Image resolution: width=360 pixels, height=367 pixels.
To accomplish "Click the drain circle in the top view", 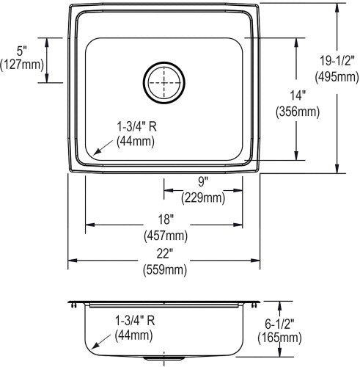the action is pyautogui.click(x=164, y=62).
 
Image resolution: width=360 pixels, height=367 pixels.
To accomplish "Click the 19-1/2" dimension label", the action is pyautogui.click(x=337, y=60).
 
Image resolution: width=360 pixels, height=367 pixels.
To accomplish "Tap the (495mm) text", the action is pyautogui.click(x=337, y=77).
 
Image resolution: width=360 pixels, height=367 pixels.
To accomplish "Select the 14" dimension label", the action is pyautogui.click(x=298, y=95).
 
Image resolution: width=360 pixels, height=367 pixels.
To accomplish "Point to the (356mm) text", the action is pyautogui.click(x=298, y=112).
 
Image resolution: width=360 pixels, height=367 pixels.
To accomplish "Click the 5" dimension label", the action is pyautogui.click(x=21, y=51).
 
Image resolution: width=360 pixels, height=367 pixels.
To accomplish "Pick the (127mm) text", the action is pyautogui.click(x=22, y=65).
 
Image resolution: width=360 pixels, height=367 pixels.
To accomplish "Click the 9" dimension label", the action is pyautogui.click(x=202, y=182).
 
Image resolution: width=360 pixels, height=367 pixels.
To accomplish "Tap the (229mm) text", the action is pyautogui.click(x=203, y=197).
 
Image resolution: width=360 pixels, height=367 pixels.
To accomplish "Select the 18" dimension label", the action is pyautogui.click(x=166, y=219).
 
